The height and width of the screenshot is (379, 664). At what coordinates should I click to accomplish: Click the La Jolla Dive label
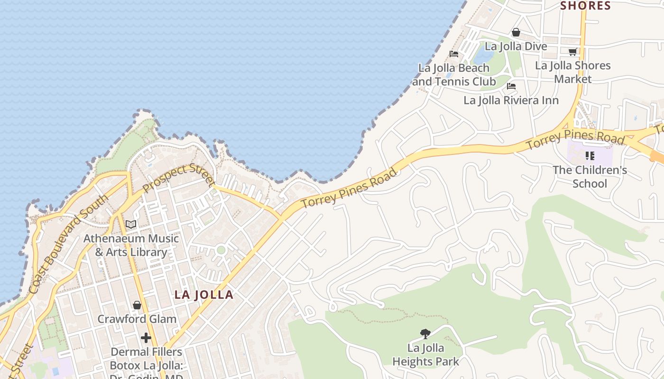click(516, 46)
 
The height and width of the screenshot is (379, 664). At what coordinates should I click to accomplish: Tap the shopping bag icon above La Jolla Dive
click(516, 33)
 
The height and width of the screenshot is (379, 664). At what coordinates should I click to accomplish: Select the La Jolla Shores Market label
click(573, 72)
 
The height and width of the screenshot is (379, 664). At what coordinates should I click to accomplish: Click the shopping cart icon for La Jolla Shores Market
click(572, 52)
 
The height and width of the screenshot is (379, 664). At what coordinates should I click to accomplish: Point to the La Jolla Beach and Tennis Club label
click(454, 75)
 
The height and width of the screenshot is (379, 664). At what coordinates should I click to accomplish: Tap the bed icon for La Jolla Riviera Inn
click(511, 86)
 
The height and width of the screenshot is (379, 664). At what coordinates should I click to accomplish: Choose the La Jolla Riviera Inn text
click(511, 100)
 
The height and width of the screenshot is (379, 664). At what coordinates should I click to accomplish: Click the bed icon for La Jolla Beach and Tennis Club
click(454, 54)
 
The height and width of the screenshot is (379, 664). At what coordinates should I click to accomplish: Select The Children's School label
click(590, 177)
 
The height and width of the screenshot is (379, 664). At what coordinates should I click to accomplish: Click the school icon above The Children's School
click(590, 155)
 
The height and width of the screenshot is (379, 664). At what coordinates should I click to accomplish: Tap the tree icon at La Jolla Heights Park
click(425, 334)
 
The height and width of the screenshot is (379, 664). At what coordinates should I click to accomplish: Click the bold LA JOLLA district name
click(204, 295)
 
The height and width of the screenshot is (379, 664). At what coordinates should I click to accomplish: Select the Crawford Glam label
click(137, 319)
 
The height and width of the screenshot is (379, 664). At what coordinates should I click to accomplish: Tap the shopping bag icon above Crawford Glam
click(137, 305)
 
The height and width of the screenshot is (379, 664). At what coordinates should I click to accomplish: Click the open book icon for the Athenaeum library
click(131, 224)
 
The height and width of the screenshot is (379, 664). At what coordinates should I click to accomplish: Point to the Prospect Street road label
click(178, 178)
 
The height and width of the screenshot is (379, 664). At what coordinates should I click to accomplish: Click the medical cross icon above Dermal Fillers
click(146, 338)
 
